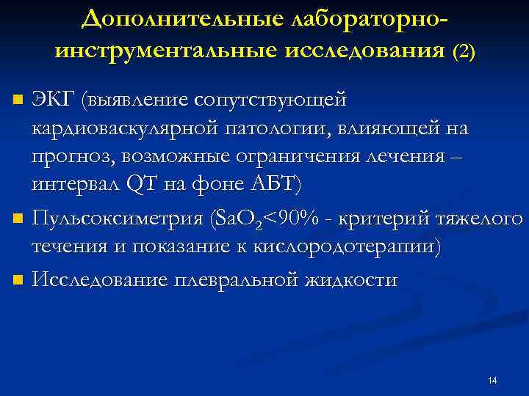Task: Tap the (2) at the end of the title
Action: click(464, 51)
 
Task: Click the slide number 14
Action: click(492, 380)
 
